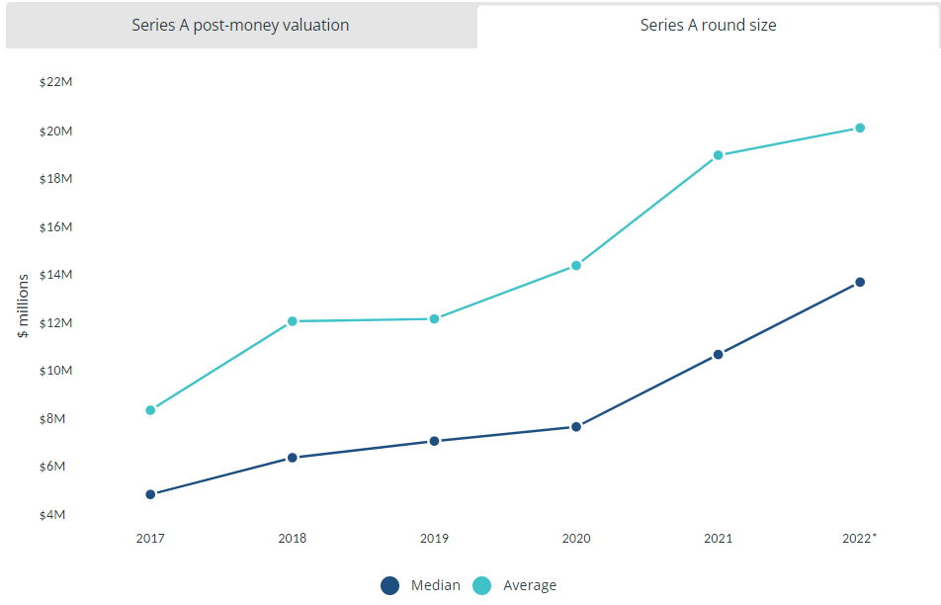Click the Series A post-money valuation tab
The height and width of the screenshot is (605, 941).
[x=240, y=26]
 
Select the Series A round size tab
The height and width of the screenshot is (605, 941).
[x=708, y=26]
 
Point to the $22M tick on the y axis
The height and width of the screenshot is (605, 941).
[x=56, y=82]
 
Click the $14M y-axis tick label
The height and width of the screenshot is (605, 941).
[x=56, y=275]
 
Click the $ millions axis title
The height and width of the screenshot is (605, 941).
[x=23, y=306]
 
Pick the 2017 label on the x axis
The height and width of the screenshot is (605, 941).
[x=150, y=539]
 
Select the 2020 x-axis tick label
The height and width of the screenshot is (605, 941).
[x=576, y=539]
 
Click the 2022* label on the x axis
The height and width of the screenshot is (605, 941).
[x=860, y=539]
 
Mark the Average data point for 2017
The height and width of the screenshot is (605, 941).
[x=150, y=410]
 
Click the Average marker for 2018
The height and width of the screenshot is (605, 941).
[x=293, y=321]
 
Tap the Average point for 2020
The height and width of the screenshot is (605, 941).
[x=576, y=265]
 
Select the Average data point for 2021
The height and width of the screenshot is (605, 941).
[x=719, y=155]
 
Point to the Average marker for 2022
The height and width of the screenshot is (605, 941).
[x=860, y=128]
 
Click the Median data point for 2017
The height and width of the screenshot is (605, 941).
[x=150, y=494]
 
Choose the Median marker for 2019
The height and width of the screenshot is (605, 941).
[x=434, y=441]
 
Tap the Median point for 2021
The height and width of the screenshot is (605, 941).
[x=719, y=354]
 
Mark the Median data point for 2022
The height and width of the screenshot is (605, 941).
[x=860, y=283]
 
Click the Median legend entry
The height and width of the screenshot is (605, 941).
[x=421, y=585]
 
